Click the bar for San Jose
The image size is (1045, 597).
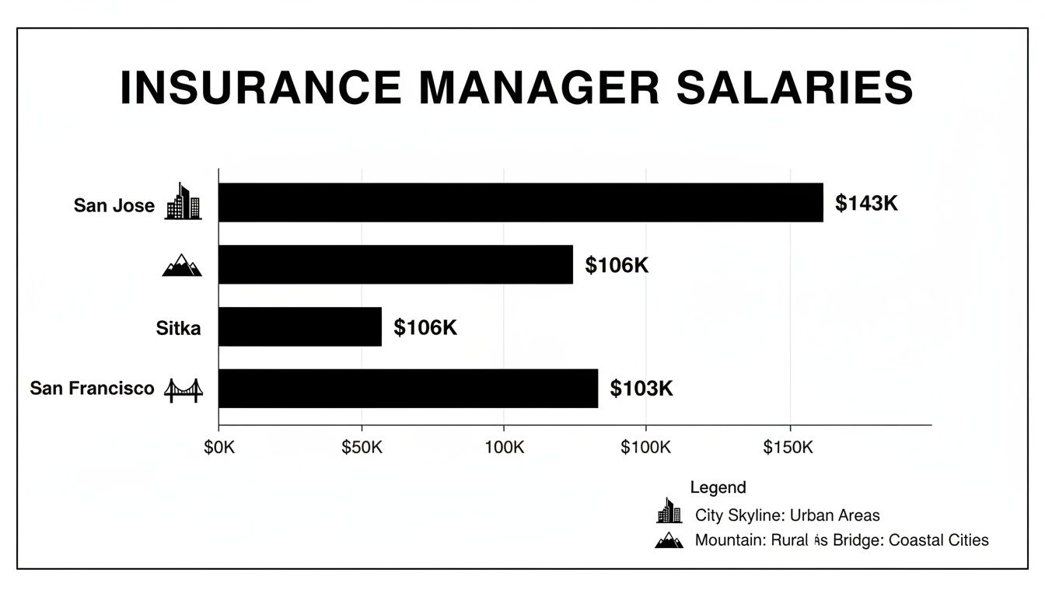pyautogui.click(x=520, y=203)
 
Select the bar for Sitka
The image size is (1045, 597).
pyautogui.click(x=300, y=326)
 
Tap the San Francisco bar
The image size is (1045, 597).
pyautogui.click(x=408, y=389)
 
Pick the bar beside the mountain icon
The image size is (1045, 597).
pyautogui.click(x=396, y=264)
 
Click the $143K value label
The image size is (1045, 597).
pyautogui.click(x=866, y=204)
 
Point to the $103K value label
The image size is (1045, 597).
pyautogui.click(x=641, y=389)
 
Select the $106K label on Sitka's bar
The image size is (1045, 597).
pyautogui.click(x=425, y=327)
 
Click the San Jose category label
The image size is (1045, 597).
pyautogui.click(x=114, y=206)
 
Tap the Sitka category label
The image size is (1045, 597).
pyautogui.click(x=178, y=328)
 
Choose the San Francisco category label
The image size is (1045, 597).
pyautogui.click(x=93, y=388)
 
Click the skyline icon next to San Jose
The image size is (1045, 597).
pyautogui.click(x=183, y=202)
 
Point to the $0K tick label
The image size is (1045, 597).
pyautogui.click(x=218, y=449)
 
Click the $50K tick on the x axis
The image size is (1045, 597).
pyautogui.click(x=362, y=449)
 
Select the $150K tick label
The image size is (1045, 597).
pyautogui.click(x=788, y=449)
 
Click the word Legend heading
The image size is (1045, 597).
pyautogui.click(x=718, y=487)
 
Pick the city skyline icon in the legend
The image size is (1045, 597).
pyautogui.click(x=669, y=511)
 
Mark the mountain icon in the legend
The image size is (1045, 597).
pyautogui.click(x=669, y=539)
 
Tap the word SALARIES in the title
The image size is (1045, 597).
pyautogui.click(x=794, y=87)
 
